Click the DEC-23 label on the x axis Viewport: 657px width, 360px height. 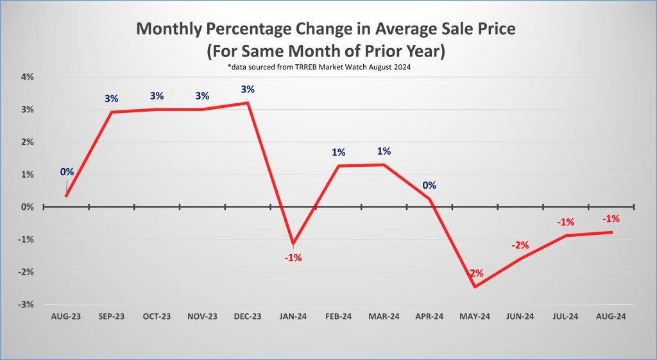248,316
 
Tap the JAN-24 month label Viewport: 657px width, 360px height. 293,316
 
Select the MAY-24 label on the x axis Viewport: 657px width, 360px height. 475,316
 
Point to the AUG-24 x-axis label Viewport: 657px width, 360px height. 611,316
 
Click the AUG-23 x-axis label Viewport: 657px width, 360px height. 66,316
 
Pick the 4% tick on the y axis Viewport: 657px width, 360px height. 26,77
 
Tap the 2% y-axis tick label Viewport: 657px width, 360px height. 26,142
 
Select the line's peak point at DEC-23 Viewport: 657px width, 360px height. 248,103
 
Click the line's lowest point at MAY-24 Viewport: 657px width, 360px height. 475,287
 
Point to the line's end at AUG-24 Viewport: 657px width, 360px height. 611,232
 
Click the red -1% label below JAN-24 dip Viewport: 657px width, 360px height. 293,258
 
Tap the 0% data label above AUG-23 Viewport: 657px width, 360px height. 67,172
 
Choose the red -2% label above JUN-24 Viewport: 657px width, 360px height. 520,245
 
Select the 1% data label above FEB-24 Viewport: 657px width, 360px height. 339,152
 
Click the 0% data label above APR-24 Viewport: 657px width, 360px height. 429,185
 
